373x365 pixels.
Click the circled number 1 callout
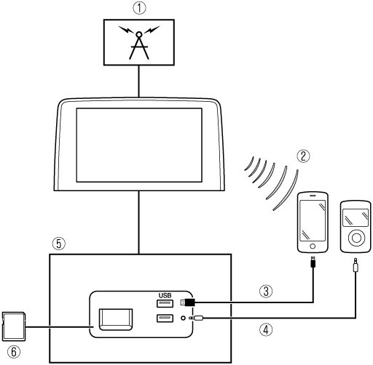click(x=139, y=8)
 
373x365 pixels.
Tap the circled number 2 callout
click(x=304, y=156)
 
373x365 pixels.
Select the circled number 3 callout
click(x=267, y=291)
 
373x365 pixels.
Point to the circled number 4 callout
click(x=267, y=329)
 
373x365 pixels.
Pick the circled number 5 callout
click(x=59, y=244)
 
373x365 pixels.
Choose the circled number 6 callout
click(x=14, y=352)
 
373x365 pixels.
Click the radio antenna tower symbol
click(x=139, y=43)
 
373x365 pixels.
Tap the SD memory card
click(x=14, y=326)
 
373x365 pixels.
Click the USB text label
click(x=165, y=295)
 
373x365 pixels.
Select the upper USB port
click(x=165, y=303)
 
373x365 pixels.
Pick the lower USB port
click(x=165, y=318)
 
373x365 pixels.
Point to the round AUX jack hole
click(x=184, y=318)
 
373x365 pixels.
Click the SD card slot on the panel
click(x=116, y=319)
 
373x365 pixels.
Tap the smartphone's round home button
click(x=313, y=246)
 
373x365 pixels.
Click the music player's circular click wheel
click(x=356, y=238)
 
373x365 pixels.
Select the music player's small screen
click(x=356, y=217)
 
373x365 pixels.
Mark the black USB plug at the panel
click(x=189, y=302)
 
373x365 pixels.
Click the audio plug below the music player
click(x=356, y=265)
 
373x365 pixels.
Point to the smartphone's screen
click(x=313, y=220)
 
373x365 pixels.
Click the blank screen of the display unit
click(x=139, y=145)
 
